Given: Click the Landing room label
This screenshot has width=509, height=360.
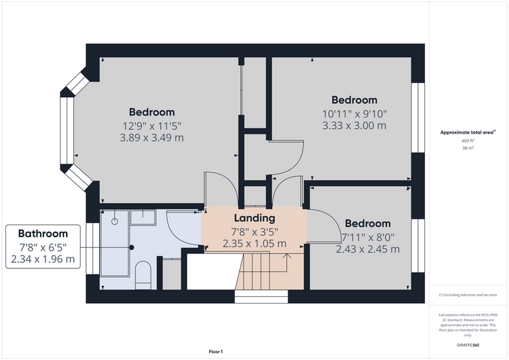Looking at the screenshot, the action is (x=254, y=218).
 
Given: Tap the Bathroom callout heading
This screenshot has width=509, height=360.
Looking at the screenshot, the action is (x=43, y=234).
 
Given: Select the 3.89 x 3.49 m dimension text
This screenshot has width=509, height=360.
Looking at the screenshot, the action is (x=151, y=138).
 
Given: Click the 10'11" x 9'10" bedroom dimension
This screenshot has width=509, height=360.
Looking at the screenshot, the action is (x=354, y=114).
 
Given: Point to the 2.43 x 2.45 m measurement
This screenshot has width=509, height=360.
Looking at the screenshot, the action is (x=367, y=249).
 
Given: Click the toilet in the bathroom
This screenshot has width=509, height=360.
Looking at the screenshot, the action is (x=143, y=275).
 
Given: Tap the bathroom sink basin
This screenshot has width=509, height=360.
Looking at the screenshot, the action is (x=143, y=217).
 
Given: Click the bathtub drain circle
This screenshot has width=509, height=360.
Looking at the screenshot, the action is (x=115, y=221).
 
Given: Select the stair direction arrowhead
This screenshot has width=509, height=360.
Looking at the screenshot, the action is (x=286, y=256).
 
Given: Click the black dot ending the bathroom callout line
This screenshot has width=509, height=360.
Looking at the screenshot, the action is (x=132, y=247).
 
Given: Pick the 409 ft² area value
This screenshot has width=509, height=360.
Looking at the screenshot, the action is (x=468, y=141).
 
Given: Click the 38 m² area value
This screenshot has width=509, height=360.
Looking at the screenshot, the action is (x=468, y=148).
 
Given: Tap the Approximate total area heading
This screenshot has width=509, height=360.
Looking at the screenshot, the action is (x=468, y=132).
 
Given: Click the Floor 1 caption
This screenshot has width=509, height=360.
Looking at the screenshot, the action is (x=216, y=352).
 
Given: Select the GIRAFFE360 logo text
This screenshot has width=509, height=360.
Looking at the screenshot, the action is (x=468, y=345).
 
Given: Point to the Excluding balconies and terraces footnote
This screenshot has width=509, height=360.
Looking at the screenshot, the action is (x=468, y=295).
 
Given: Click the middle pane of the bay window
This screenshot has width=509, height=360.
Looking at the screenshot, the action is (x=67, y=130).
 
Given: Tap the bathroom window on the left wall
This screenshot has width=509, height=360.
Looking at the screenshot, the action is (x=92, y=249).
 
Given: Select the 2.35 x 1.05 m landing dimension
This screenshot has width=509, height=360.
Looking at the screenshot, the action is (x=254, y=243).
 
